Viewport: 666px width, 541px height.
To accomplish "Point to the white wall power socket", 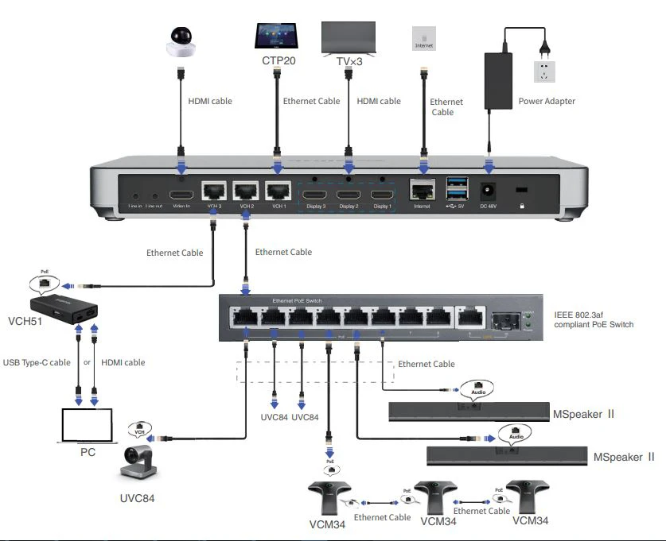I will tap(545, 71).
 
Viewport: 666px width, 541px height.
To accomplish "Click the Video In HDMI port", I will tap(181, 195).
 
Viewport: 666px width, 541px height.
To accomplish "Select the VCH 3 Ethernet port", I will tap(213, 191).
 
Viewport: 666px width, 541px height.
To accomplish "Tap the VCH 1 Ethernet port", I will tap(278, 191).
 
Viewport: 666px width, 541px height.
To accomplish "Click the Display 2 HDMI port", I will tap(348, 195).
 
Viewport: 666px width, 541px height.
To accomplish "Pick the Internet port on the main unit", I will tap(422, 191).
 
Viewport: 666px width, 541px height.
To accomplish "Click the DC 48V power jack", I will tap(487, 192).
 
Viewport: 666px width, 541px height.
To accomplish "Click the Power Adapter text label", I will tap(547, 101).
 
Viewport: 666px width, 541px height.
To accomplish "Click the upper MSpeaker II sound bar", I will tap(466, 412).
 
